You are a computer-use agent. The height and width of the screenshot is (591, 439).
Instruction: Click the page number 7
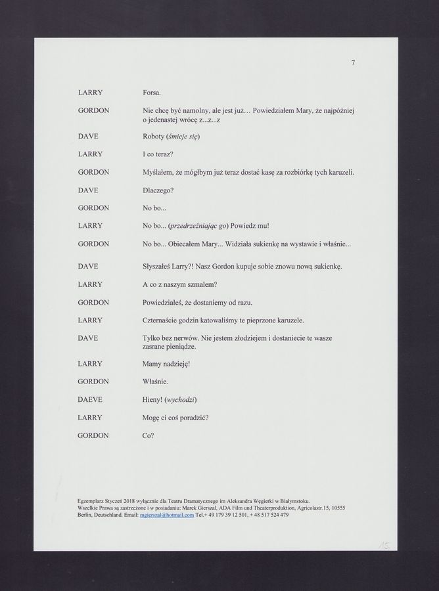coord(353,62)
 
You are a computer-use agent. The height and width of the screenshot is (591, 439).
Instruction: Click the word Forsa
coord(151,93)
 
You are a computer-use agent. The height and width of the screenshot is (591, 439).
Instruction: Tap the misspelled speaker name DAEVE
coord(90,399)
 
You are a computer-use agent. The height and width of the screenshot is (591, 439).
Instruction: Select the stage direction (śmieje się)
coord(185,136)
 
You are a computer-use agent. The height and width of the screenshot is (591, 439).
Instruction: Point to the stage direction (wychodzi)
coord(181,399)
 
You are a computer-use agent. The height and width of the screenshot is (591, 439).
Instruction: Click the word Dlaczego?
coord(158,190)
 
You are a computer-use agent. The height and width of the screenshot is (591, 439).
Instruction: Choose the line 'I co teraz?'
coord(158,154)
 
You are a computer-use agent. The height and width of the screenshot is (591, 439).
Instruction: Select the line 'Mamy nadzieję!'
coord(166,363)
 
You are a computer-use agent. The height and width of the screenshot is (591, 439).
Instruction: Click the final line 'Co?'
coord(148,435)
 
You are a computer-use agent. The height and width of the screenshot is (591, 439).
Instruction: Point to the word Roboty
coord(154,136)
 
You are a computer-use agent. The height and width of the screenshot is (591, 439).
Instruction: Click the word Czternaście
coord(162,320)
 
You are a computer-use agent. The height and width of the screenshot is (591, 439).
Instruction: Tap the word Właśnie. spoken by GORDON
coord(156,381)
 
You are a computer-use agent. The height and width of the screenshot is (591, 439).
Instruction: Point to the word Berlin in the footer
coord(85,515)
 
